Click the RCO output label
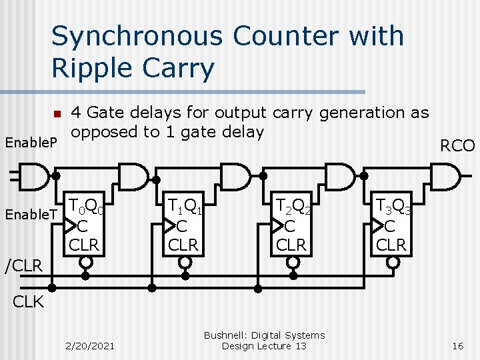pyautogui.click(x=458, y=146)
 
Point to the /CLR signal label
pyautogui.click(x=24, y=267)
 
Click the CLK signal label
pyautogui.click(x=28, y=302)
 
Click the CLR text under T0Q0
pyautogui.click(x=84, y=245)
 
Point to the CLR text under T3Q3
pyautogui.click(x=391, y=245)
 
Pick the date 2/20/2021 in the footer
pyautogui.click(x=90, y=346)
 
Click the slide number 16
pyautogui.click(x=457, y=346)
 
